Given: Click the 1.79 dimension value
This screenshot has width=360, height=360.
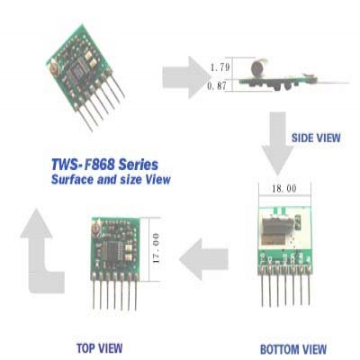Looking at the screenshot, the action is click(220, 67).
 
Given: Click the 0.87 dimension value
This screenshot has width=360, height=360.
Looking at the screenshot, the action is click(217, 86).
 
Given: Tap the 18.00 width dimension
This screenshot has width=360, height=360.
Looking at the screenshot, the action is click(284, 189).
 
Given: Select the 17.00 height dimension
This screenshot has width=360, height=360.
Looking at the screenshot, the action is click(156, 248).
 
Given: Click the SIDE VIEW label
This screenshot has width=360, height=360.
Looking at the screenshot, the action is click(316, 138).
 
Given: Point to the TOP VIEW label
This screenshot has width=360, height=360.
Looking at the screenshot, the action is click(100, 348).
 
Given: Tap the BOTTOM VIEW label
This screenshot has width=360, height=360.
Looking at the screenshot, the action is click(293, 349).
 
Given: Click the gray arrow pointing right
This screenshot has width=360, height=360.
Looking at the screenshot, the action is click(186, 77).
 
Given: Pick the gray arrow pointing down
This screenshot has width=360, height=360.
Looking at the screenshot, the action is click(277, 143).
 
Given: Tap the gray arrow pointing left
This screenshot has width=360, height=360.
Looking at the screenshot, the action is click(203, 259).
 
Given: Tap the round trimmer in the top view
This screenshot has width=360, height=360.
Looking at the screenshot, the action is click(96, 229).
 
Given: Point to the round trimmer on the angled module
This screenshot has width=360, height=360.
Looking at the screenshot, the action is click(54, 67).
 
